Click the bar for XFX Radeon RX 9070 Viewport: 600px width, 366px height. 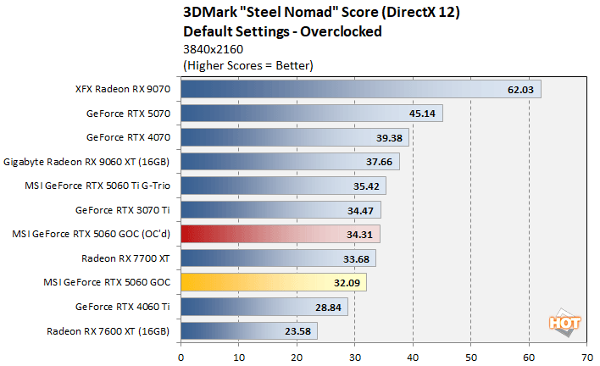360,89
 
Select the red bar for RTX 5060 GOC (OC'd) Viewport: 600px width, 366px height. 280,234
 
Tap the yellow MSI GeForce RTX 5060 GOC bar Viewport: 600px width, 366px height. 273,282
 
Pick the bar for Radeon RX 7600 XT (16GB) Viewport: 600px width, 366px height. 248,330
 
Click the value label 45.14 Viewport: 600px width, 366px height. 423,114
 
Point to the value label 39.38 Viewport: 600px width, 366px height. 389,137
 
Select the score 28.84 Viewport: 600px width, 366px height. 328,307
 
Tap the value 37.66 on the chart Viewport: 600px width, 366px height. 379,162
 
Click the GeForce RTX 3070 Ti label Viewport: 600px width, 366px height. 125,209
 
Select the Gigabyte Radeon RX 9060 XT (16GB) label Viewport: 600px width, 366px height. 89,161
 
